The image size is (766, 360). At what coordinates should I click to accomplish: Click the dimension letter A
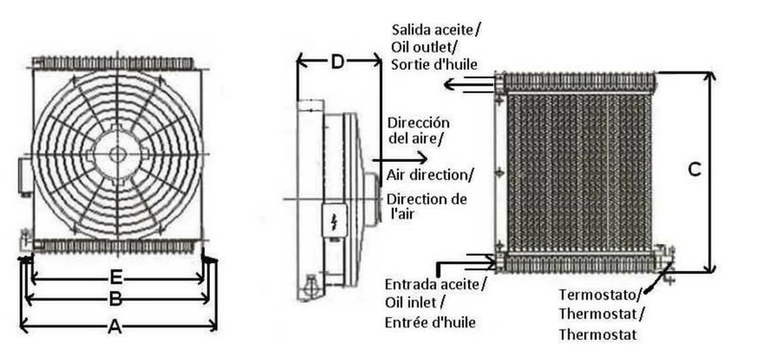coord(114,326)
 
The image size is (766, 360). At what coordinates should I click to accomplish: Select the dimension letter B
coord(115,299)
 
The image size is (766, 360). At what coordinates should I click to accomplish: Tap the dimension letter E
coord(116,278)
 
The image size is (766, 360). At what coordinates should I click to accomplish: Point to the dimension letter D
coord(338,62)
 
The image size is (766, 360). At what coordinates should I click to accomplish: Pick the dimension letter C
coord(694,169)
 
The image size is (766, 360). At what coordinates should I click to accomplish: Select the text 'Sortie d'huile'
coord(435,64)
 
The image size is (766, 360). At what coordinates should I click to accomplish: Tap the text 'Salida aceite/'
coord(436,30)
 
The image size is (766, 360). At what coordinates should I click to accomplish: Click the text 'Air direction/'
coord(430,175)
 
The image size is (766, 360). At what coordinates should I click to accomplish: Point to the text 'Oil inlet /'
coord(415,303)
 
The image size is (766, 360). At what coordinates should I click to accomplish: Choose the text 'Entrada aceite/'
coord(436,284)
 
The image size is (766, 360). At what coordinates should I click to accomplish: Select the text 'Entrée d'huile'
coord(430,323)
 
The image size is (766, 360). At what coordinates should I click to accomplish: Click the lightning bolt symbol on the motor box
coord(334,221)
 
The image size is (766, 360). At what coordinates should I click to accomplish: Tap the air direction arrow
coord(399,159)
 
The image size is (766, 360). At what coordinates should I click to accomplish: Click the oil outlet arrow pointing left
coord(470,84)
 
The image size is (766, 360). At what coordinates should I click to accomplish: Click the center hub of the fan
coord(118,154)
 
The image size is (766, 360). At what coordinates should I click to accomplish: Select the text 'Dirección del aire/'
coord(417,130)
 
